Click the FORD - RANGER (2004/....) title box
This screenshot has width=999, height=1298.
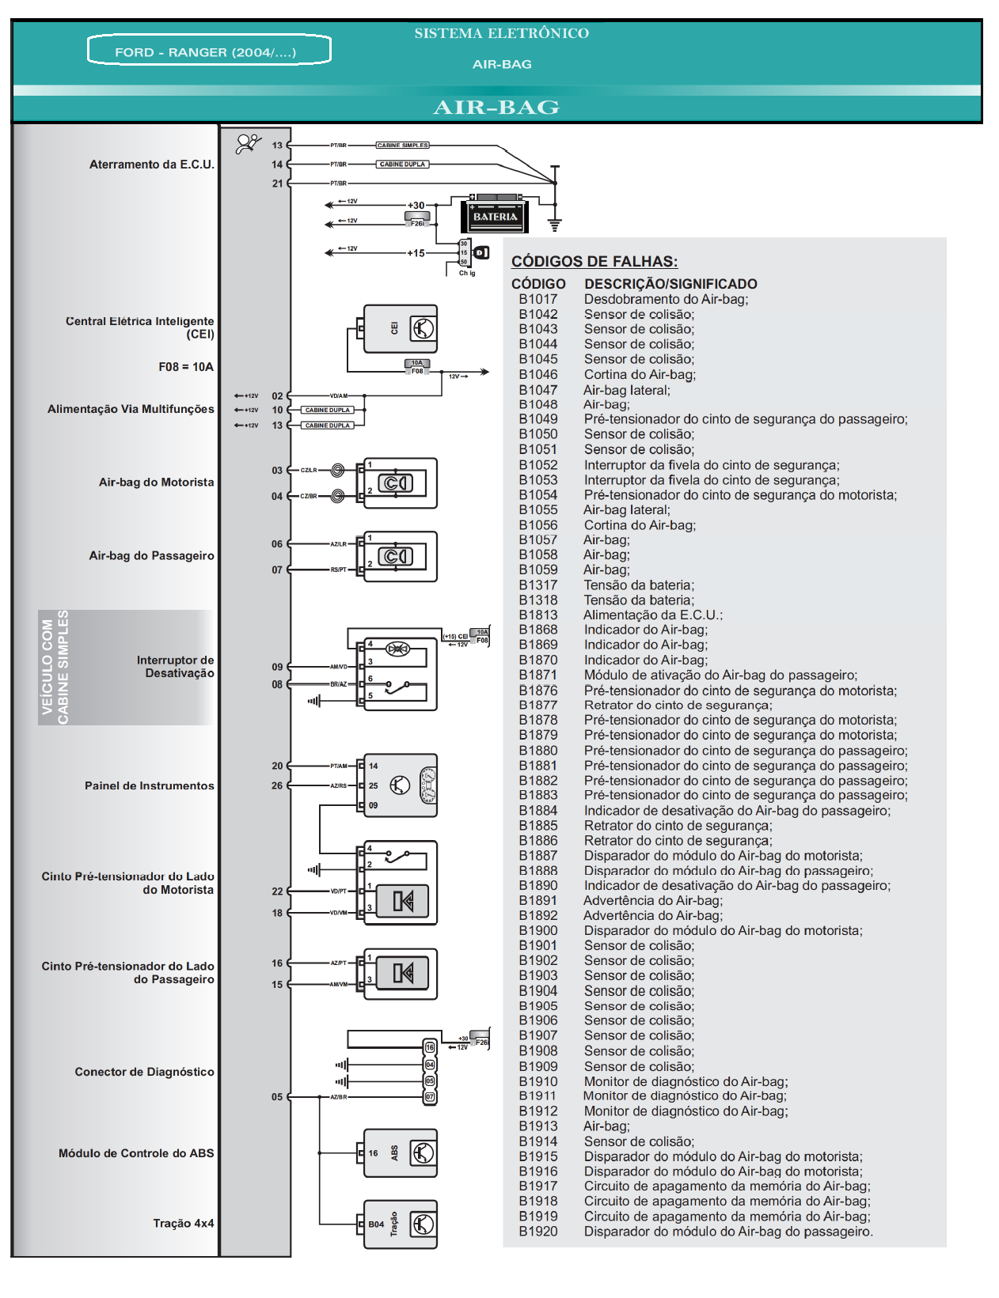coord(208,51)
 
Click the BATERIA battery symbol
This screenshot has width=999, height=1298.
coord(495,216)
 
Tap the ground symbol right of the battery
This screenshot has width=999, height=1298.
coord(554,225)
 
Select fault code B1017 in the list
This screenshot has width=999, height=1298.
coord(538,299)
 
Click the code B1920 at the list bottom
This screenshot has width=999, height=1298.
coord(538,1232)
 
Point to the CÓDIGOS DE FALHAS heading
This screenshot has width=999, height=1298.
coord(594,261)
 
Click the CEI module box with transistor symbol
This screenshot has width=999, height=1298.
coord(401,328)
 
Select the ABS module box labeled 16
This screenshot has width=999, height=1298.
coord(401,1153)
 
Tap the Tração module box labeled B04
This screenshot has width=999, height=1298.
coord(401,1224)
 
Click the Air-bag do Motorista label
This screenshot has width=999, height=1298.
coord(156,482)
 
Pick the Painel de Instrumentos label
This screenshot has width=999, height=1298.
coord(149,785)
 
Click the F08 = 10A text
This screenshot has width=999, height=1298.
coord(186,367)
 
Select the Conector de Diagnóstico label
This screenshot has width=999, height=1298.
coord(144,1072)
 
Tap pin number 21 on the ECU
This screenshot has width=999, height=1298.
coord(277,184)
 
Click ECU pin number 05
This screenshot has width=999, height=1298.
coord(277,1097)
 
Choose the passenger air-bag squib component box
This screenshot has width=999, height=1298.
coord(401,556)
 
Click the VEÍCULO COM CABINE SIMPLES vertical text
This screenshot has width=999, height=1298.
coord(55,667)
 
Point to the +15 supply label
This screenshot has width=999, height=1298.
coord(416,253)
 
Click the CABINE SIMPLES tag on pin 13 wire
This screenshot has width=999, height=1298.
coord(402,146)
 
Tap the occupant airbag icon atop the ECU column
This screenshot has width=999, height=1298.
coord(248,143)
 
